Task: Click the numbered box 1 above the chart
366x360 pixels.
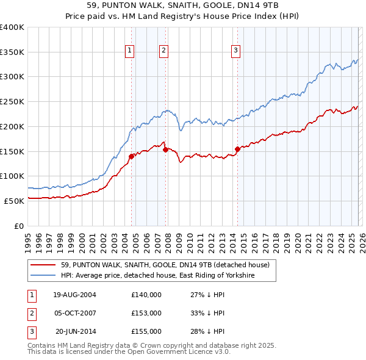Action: [x=131, y=51]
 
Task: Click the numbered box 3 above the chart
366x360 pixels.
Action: [x=236, y=51]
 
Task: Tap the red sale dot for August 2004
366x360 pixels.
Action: [x=131, y=156]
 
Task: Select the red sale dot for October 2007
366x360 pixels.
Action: [x=165, y=149]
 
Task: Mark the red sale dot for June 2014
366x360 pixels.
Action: [x=237, y=148]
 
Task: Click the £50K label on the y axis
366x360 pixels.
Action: [x=14, y=201]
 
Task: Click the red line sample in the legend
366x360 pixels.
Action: [x=43, y=265]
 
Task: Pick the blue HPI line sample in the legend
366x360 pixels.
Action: [x=43, y=276]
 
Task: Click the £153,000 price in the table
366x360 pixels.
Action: [x=146, y=313]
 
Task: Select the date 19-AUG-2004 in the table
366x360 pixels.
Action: [x=74, y=295]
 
